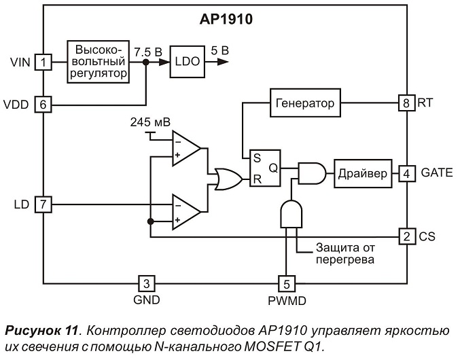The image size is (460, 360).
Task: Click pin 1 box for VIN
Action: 43,62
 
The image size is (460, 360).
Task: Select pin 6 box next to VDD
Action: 43,105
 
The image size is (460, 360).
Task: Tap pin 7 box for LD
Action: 43,204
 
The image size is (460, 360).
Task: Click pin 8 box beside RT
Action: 406,103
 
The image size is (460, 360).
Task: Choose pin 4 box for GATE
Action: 407,174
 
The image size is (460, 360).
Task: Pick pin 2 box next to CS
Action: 407,236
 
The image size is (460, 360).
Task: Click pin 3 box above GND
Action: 147,283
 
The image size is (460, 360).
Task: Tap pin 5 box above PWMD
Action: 287,284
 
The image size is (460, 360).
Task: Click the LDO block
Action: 187,62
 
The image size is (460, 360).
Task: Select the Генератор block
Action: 305,103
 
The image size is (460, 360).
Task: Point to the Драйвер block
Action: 363,174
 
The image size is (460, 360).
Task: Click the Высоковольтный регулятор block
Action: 99,62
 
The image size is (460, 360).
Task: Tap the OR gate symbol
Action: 228,179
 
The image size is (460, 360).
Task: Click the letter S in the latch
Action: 257,158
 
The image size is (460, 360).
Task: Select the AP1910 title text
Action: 226,19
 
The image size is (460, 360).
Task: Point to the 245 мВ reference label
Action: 150,122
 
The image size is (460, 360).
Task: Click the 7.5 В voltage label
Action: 148,52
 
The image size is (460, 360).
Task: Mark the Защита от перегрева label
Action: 345,253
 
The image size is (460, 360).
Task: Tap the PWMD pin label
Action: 287,301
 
